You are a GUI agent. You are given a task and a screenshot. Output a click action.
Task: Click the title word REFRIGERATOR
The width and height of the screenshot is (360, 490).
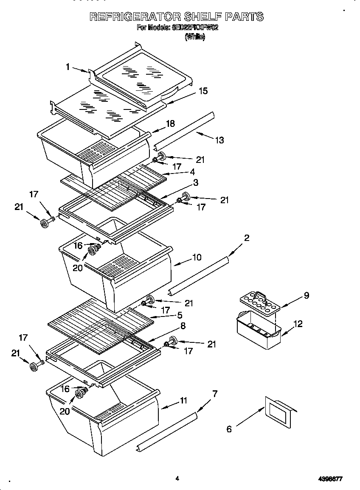135,17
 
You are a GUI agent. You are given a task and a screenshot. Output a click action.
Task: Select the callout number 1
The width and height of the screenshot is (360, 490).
68,67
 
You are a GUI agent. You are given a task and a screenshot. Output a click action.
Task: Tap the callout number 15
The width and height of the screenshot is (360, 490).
203,91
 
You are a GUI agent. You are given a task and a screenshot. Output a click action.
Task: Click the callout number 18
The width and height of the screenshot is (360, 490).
170,124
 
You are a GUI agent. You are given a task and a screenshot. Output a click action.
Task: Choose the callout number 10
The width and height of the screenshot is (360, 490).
197,258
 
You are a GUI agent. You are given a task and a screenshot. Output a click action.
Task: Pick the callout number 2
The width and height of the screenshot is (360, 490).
246,238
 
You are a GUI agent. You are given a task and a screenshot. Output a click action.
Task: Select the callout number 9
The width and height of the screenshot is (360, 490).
306,296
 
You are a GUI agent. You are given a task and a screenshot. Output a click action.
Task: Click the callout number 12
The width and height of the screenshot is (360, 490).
298,324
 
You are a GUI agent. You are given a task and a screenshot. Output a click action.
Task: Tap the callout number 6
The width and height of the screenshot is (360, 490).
229,429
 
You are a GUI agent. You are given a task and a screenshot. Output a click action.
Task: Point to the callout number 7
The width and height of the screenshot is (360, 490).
215,394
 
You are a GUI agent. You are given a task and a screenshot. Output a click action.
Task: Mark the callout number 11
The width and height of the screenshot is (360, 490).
183,400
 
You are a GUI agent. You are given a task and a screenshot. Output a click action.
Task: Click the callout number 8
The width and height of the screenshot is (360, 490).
183,326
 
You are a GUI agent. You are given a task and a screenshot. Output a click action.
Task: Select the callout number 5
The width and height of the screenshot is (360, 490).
180,315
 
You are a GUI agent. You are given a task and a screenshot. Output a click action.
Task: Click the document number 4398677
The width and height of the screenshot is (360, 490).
330,479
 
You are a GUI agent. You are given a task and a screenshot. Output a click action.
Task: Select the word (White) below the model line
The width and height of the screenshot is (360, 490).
195,37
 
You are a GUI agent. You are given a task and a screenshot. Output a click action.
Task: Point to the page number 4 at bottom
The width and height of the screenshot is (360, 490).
177,479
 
